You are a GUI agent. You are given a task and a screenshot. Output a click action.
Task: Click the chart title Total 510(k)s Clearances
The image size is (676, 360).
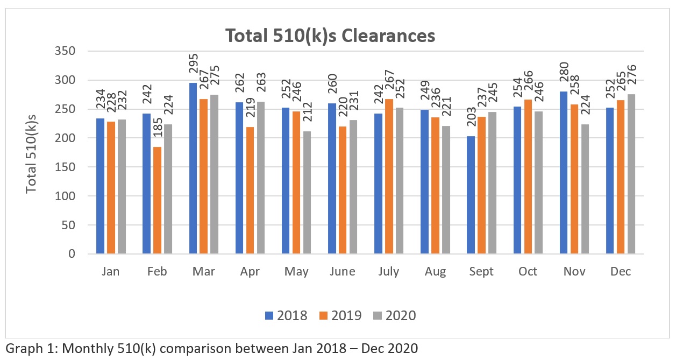pos(330,36)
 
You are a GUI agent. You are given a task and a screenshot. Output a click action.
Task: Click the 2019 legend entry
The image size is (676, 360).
pos(338,315)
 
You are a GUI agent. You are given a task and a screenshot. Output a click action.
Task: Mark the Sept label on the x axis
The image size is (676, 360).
pos(481,272)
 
